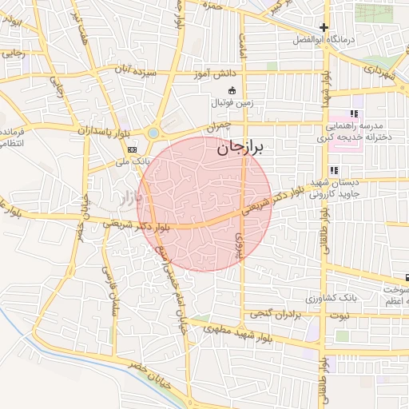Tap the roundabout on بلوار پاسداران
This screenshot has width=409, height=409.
point(153,133)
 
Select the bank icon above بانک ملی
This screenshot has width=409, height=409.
point(132,149)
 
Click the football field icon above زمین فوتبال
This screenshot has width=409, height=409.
point(232,90)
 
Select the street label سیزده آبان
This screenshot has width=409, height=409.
point(132,72)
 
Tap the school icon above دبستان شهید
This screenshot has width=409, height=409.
point(333,170)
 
